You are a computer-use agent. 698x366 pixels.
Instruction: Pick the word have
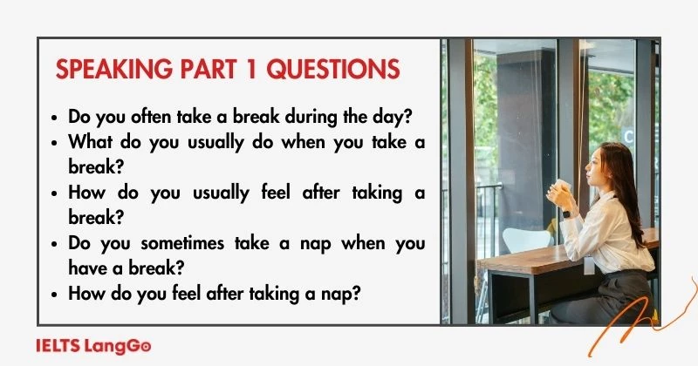(x=86, y=268)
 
